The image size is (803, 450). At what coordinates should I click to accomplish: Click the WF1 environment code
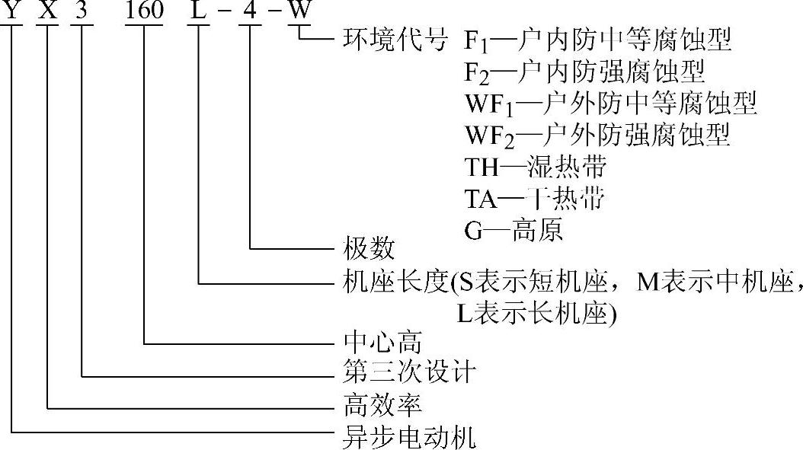click(488, 104)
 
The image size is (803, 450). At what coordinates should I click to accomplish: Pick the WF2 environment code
click(488, 136)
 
